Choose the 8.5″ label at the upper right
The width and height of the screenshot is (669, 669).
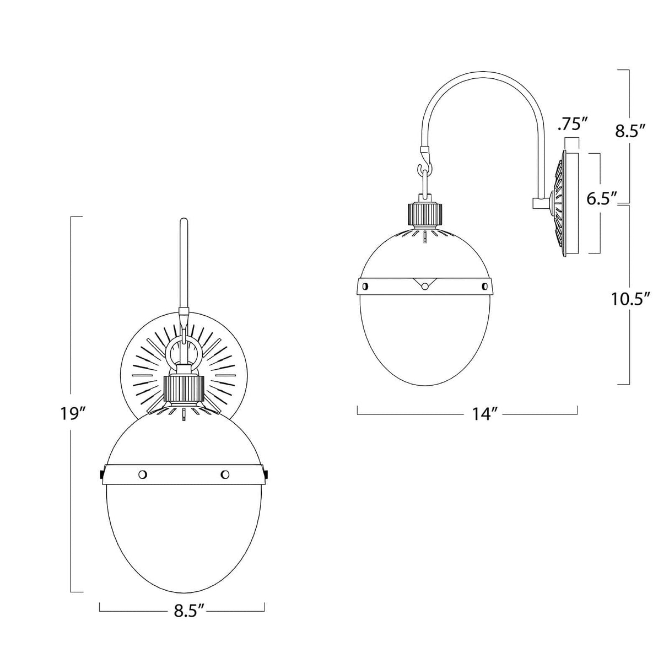[629, 131]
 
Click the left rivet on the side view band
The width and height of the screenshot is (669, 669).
[365, 285]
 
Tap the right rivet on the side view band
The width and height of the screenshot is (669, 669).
[485, 285]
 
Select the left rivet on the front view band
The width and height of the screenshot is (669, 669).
[143, 474]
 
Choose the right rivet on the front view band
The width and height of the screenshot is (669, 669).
[224, 474]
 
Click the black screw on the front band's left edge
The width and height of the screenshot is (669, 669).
[102, 473]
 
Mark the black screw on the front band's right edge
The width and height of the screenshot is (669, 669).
[267, 473]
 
